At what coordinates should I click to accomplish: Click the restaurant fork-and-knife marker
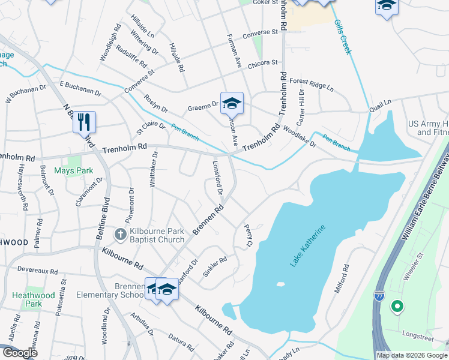[84, 122]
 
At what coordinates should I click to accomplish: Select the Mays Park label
[74, 171]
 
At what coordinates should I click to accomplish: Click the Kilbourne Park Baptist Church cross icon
[120, 234]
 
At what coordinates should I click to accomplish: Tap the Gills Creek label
[342, 37]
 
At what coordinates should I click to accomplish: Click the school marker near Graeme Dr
[231, 104]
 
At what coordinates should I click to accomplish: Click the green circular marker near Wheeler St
[396, 307]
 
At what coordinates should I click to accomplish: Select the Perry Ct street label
[248, 235]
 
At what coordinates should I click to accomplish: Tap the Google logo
[20, 353]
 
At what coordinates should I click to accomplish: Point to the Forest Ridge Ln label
[311, 85]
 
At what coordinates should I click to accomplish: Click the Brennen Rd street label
[208, 220]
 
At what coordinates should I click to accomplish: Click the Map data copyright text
[412, 355]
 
